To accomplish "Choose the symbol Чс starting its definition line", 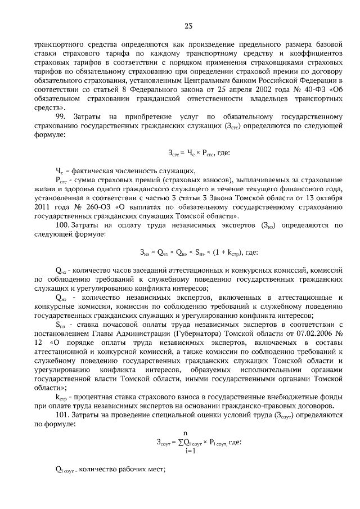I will (60, 171).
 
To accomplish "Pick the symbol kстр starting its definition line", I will (61, 396).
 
